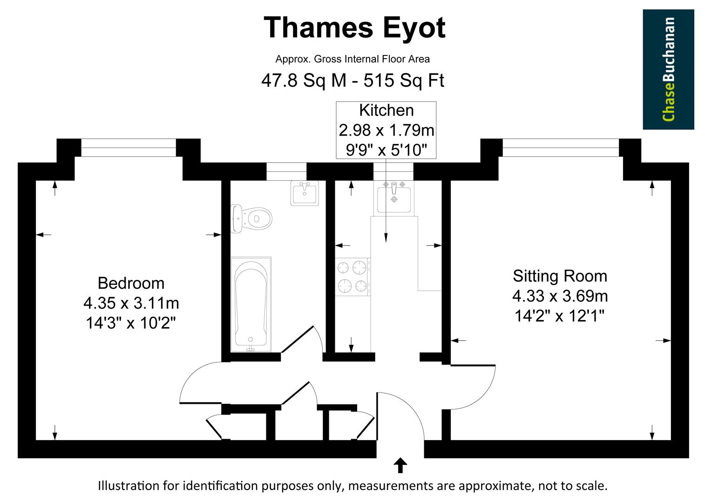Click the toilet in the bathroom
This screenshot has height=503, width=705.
click(251, 218)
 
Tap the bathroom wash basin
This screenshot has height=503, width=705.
click(305, 193)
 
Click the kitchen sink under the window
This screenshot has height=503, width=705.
click(394, 196)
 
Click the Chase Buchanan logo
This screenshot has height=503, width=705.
click(668, 69)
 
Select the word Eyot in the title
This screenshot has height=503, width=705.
click(414, 27)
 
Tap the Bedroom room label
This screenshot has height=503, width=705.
click(131, 283)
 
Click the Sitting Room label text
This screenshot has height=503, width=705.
click(560, 276)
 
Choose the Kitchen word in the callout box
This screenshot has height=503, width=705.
click(386, 110)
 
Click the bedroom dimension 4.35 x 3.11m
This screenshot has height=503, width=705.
click(131, 303)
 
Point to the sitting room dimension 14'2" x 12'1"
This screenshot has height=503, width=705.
click(560, 316)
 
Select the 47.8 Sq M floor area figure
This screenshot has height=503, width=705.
click(304, 81)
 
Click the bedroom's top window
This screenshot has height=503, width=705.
click(129, 148)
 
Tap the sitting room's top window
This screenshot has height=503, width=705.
click(561, 148)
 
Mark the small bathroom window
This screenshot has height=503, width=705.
click(286, 171)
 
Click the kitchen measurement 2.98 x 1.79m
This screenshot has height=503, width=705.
click(386, 130)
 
